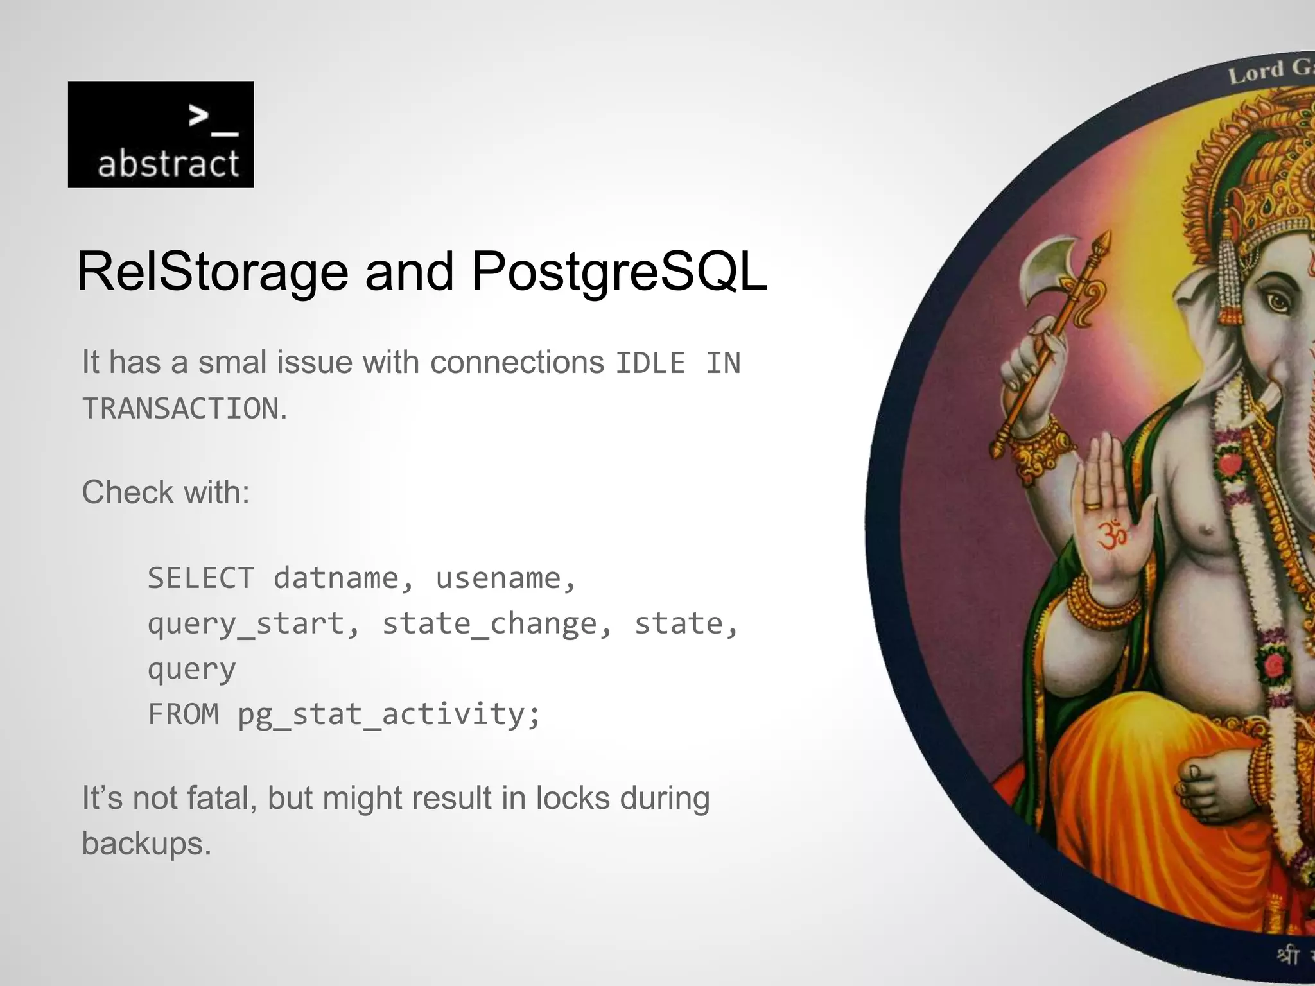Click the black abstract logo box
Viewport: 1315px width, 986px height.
coord(161,134)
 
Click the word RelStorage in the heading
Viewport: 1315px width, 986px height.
coord(212,272)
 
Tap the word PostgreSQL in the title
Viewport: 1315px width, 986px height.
coord(619,272)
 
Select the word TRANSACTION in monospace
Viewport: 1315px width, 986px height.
coord(181,409)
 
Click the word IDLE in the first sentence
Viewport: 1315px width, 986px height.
coord(650,363)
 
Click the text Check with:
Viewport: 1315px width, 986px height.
coord(166,493)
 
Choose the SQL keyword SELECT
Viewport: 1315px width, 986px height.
coord(201,578)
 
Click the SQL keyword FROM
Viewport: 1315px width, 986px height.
coord(184,714)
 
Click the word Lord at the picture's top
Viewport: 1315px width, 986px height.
coord(1255,73)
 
